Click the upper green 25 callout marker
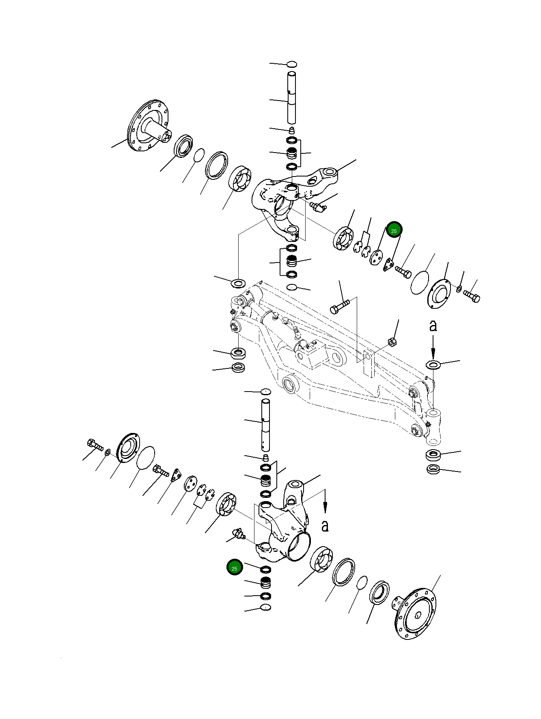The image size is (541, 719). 394,230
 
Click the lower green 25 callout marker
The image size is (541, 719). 235,568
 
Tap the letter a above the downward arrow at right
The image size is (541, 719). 433,325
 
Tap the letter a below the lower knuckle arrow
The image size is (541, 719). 325,526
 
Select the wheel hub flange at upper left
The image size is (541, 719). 148,126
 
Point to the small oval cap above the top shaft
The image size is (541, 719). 292,64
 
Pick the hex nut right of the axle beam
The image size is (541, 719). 392,342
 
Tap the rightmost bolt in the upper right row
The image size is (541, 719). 472,295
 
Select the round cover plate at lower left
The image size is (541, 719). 129,448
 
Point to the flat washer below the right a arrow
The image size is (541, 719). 433,364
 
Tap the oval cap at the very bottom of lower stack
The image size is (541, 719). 266,607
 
